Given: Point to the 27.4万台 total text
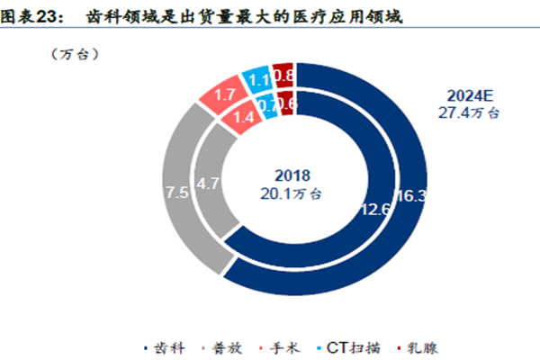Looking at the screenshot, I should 471,113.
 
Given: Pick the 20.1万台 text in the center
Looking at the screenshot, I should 296,193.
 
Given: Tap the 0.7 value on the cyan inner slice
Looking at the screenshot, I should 266,104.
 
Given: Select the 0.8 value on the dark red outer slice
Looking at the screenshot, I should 283,76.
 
